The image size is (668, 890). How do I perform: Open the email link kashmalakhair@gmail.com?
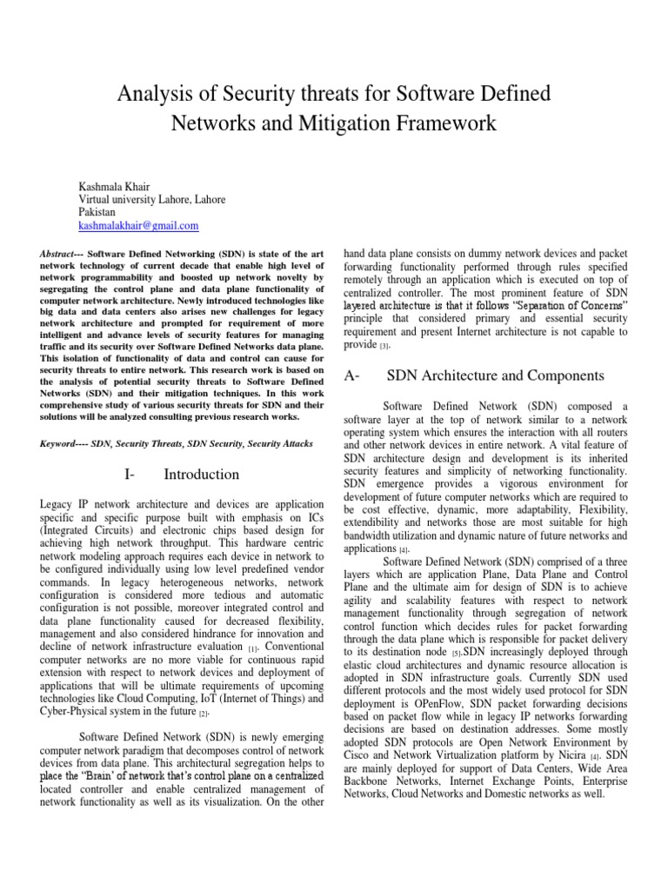[x=138, y=225]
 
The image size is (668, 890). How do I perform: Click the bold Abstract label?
[x=60, y=253]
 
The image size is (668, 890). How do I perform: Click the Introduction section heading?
[x=201, y=475]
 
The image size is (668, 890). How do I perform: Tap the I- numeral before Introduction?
[x=131, y=475]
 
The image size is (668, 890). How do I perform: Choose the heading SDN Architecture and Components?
[x=494, y=376]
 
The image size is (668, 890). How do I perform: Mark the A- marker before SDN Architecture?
[x=353, y=376]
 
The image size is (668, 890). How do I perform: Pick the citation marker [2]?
[x=204, y=714]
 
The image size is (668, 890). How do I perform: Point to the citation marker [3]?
[x=384, y=346]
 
